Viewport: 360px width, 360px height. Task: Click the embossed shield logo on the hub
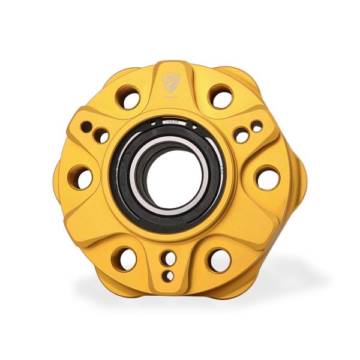pos(171,80)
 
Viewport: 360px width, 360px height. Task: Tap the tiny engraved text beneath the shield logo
pos(171,94)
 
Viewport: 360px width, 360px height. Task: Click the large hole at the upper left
pos(127,97)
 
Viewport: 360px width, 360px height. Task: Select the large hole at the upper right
pos(221,96)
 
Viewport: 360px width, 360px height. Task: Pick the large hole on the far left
pos(80,178)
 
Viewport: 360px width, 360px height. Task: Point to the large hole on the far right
pos(267,178)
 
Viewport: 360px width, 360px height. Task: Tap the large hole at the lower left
pos(124,259)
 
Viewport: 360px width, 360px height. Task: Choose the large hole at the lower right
pos(218,259)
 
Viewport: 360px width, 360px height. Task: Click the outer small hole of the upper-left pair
pos(87,127)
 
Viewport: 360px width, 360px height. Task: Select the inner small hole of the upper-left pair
pos(101,136)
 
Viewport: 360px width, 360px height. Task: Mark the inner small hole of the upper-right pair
pos(242,136)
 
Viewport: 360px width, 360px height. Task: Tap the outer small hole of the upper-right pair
pos(256,127)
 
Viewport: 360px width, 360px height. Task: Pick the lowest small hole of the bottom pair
pos(170,276)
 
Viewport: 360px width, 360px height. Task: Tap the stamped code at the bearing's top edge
pos(171,122)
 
